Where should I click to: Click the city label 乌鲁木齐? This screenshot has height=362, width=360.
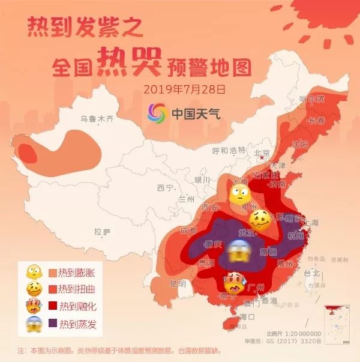pos(98,119)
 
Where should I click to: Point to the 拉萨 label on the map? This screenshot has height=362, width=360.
pos(103,232)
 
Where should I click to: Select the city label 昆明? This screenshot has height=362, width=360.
pos(178,283)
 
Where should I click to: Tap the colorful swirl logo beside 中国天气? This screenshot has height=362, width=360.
pos(159,112)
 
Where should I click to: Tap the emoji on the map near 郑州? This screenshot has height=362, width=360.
pos(238,194)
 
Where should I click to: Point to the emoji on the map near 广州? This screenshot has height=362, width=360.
pos(233,282)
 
